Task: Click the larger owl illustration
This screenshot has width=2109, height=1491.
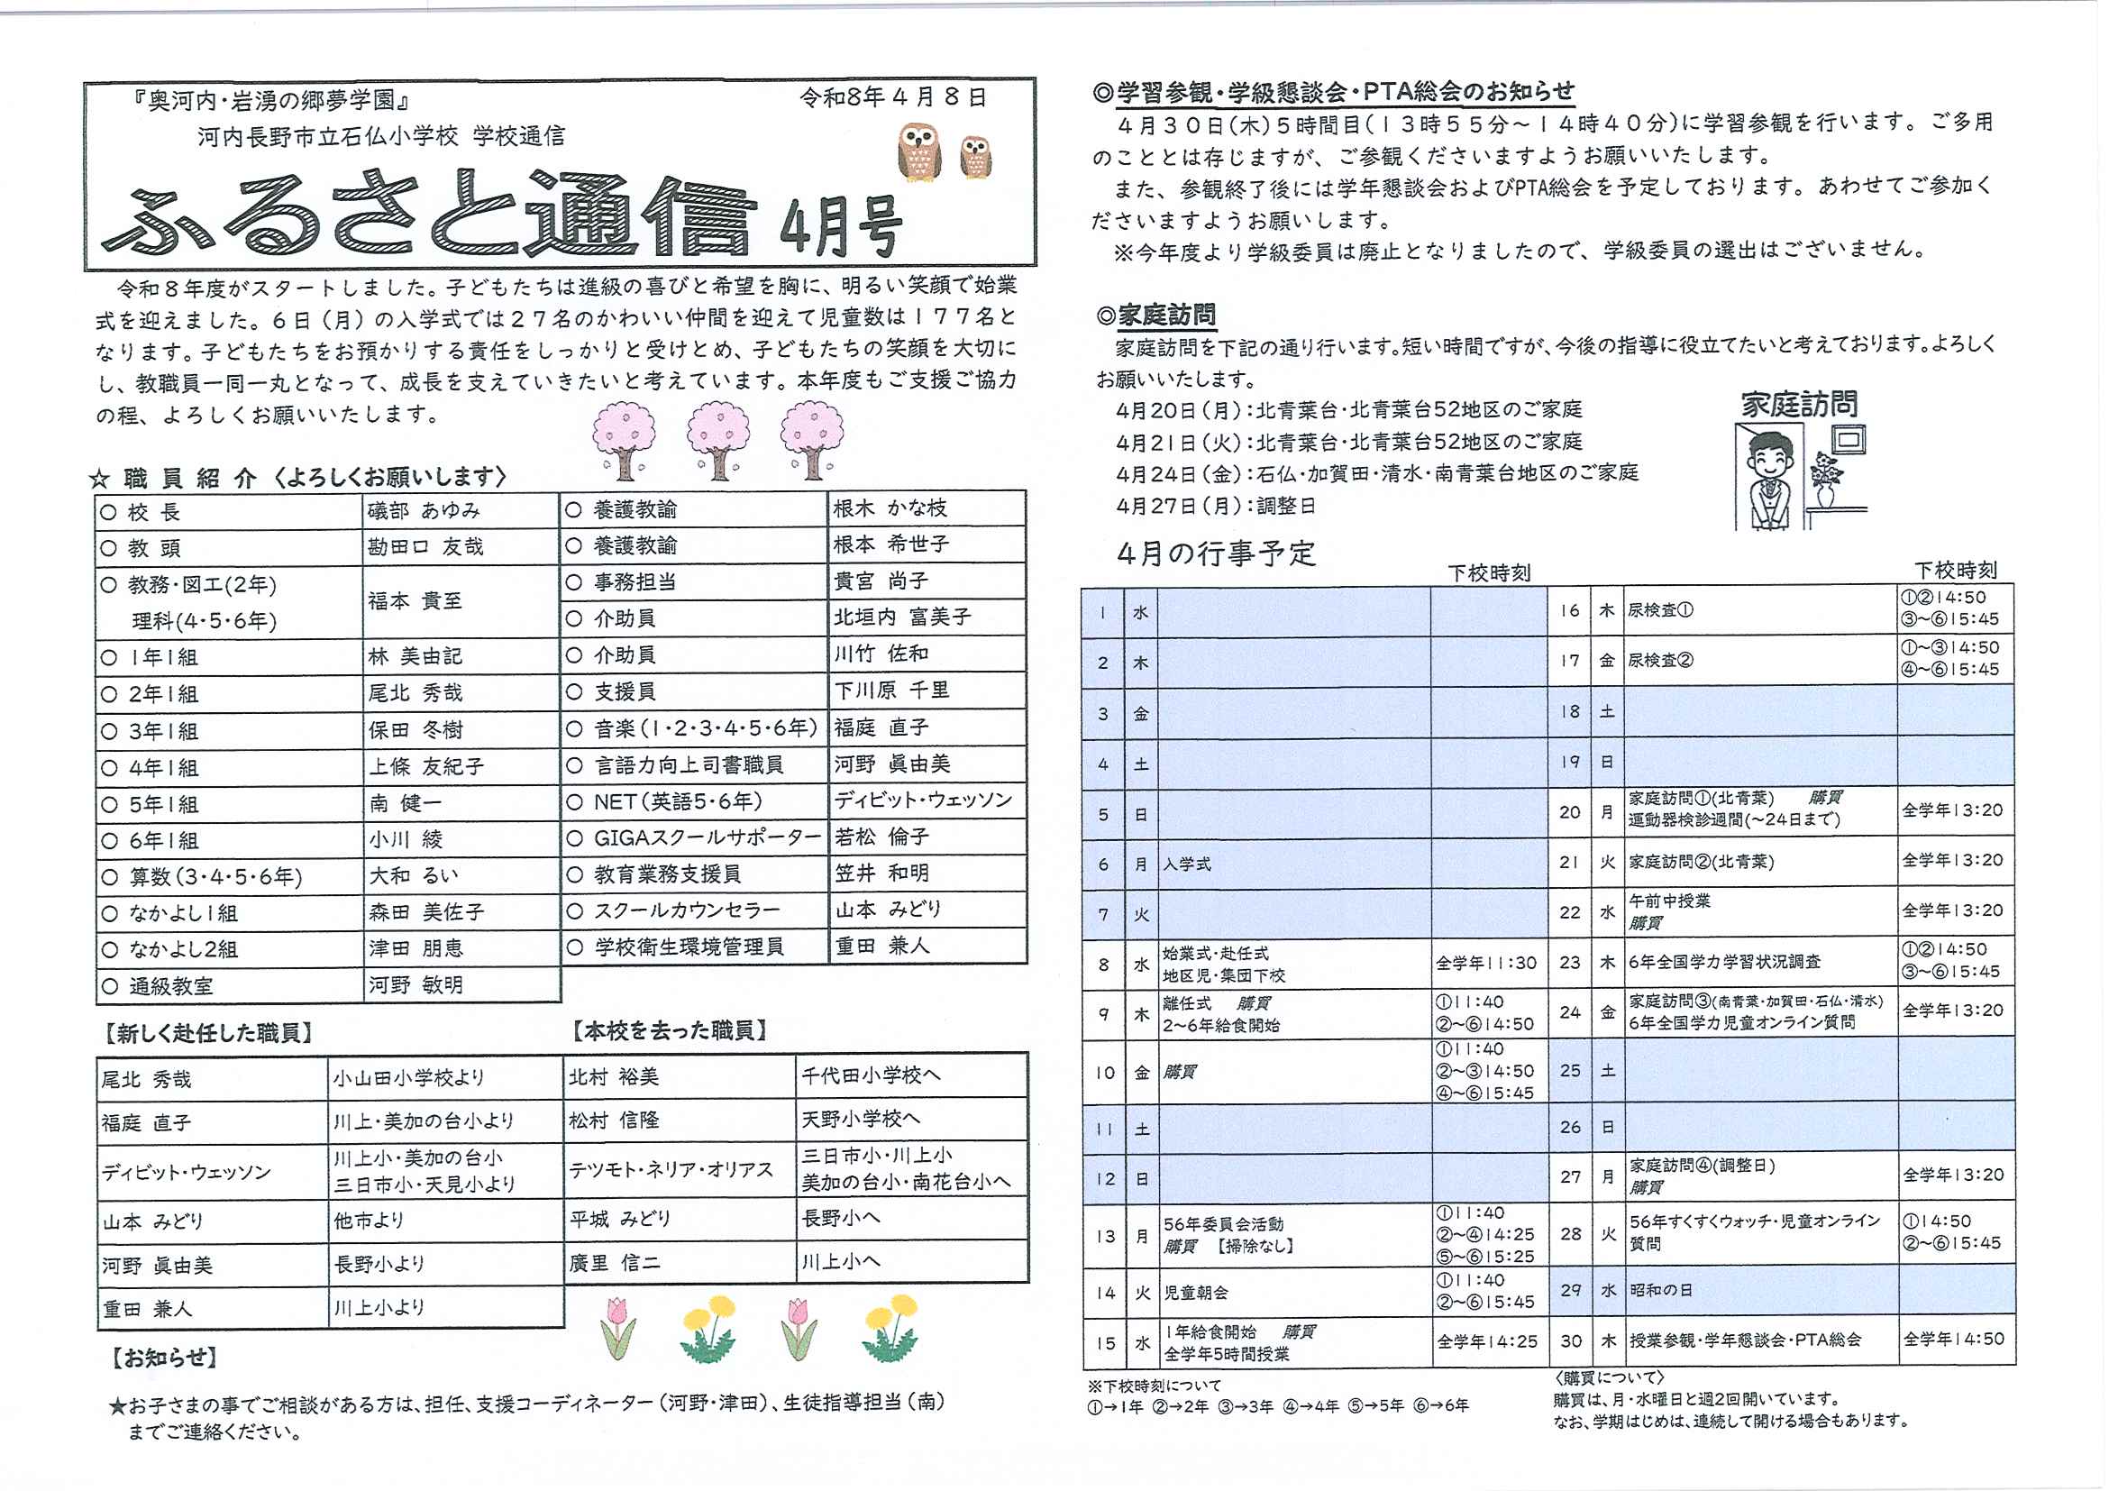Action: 918,153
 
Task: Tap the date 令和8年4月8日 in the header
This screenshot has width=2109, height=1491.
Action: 893,97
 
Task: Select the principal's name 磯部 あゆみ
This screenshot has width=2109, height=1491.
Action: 424,511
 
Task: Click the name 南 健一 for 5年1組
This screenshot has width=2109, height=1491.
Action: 405,804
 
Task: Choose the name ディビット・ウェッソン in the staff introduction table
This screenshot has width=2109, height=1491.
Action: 923,800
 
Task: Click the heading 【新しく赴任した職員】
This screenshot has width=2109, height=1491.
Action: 208,1033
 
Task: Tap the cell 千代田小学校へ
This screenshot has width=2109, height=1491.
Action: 871,1075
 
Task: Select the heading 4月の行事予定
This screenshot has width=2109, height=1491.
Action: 1216,553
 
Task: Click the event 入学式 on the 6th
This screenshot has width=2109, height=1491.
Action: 1187,864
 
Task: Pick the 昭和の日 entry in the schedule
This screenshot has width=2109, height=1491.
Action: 1660,1291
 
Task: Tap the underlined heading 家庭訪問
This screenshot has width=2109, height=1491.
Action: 1166,316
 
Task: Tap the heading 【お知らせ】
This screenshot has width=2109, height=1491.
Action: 164,1358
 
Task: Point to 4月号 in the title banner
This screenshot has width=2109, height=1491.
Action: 841,226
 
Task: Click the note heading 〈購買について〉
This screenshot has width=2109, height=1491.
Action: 1609,1378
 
